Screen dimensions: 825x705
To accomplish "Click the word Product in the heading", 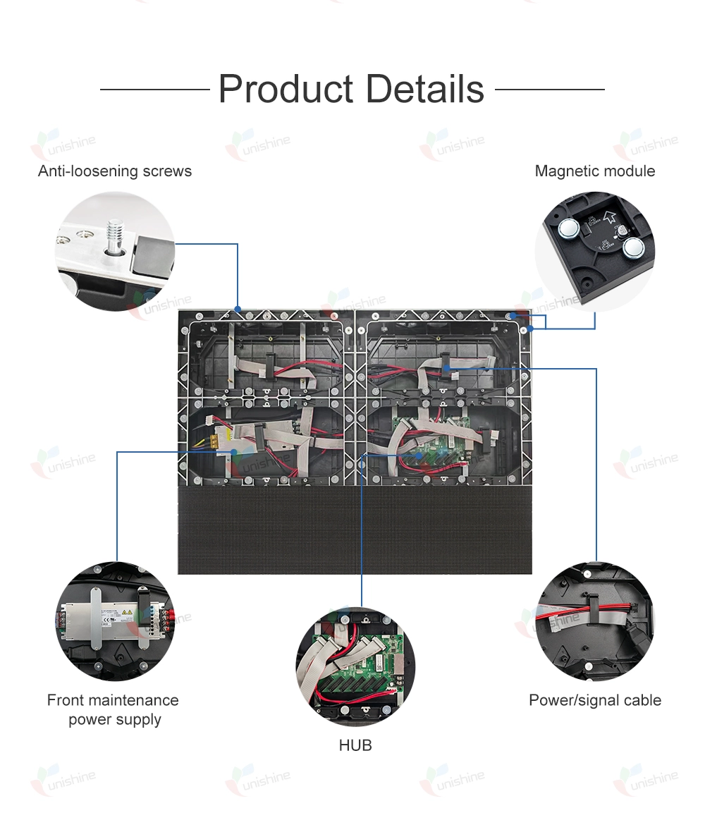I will [286, 90].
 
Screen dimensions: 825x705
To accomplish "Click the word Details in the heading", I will [424, 90].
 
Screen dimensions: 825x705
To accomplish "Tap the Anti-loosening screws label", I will [115, 171].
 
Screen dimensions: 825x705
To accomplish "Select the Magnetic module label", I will [594, 171].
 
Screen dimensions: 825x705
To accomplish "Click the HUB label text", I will [355, 745].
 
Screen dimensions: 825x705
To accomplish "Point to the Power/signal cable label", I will [594, 700].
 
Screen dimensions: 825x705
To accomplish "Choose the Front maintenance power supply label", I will [113, 709].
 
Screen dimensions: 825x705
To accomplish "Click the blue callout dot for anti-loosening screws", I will [238, 309].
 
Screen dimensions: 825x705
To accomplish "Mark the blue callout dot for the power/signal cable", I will [446, 368].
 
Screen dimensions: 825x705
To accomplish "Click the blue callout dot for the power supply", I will [235, 452].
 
